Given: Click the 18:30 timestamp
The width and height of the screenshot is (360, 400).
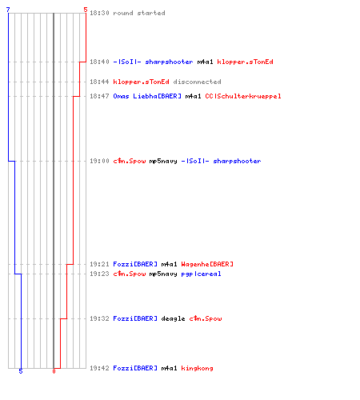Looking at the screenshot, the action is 99,13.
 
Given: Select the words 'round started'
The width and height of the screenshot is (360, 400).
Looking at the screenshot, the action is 139,13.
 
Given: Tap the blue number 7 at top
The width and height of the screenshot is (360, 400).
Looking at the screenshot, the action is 8,10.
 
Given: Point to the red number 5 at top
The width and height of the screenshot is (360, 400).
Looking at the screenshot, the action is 86,10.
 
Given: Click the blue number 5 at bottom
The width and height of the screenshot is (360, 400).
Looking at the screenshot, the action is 21,371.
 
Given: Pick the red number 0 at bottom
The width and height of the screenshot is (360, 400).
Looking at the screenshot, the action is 54,371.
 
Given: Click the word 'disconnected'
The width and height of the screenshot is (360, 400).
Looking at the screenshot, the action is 197,82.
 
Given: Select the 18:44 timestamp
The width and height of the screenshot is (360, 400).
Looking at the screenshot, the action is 99,82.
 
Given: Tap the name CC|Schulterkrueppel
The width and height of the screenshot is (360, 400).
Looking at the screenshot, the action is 243,96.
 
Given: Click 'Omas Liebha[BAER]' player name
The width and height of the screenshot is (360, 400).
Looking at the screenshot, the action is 147,96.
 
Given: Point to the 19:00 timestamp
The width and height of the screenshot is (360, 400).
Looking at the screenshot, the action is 99,161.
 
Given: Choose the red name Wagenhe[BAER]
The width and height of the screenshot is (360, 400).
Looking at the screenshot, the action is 207,264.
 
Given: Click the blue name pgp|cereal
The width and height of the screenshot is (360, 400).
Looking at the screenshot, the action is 201,274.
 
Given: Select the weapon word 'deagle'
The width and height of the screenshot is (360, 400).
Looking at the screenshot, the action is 173,318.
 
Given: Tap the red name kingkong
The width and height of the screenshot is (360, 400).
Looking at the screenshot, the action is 197,368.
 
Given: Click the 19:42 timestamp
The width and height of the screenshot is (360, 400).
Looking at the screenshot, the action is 99,368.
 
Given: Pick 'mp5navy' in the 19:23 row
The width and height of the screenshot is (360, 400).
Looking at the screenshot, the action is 163,274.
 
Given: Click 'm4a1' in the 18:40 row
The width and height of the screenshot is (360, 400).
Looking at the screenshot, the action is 205,62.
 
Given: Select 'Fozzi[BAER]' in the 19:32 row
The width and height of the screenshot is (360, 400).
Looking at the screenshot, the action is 135,318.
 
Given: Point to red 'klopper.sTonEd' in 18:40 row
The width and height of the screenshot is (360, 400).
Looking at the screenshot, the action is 245,62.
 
